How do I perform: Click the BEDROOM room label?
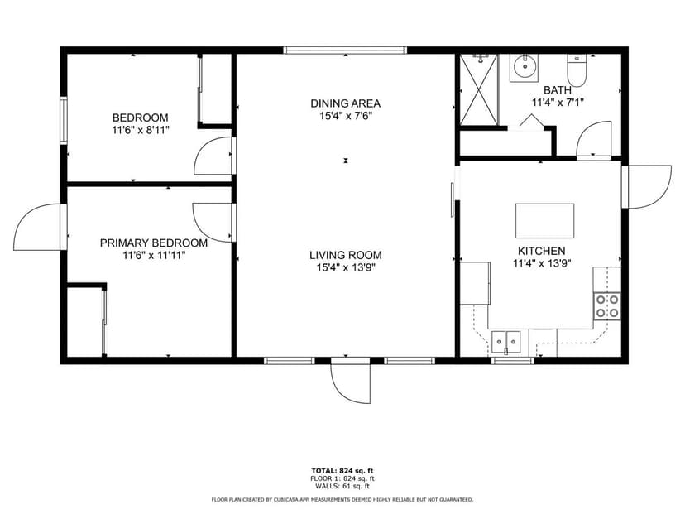[x=141, y=118]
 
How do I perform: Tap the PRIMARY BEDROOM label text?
[x=154, y=243]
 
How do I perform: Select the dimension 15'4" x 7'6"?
[x=345, y=116]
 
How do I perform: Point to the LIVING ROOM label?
[x=346, y=255]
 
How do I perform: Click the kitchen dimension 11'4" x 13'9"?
[x=541, y=264]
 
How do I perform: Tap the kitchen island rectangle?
[x=544, y=221]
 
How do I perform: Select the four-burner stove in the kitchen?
[x=607, y=306]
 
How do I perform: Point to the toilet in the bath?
[x=577, y=71]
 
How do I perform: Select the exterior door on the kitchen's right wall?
[x=647, y=185]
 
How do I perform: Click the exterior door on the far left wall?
[x=38, y=226]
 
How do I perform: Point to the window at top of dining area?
[x=345, y=50]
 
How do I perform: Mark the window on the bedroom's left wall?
[x=63, y=121]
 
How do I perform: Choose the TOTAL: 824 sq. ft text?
[x=342, y=471]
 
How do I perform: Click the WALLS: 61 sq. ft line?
[x=342, y=486]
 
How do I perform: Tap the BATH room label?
[x=558, y=90]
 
